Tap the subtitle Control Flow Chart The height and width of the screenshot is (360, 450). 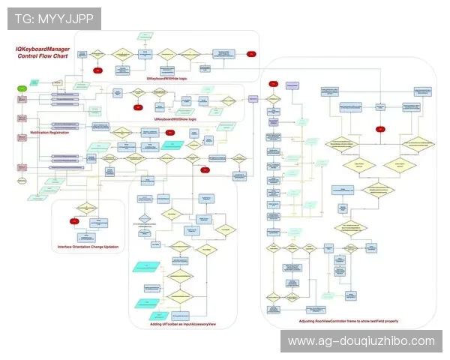[x=44, y=56]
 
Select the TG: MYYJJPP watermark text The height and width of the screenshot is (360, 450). [x=54, y=18]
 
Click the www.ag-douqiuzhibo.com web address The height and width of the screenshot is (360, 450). [x=361, y=341]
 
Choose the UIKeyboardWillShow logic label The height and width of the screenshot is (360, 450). [x=175, y=119]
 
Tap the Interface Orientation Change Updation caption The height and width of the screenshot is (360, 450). [x=87, y=247]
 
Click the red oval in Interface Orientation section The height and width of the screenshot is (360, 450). [x=74, y=221]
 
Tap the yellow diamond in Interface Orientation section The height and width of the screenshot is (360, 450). [x=87, y=207]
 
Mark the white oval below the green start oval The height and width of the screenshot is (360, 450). [x=22, y=181]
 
